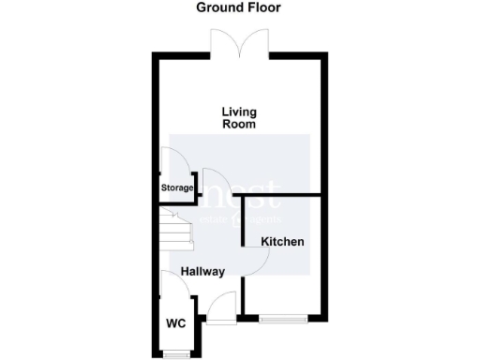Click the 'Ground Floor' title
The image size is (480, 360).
(x=238, y=7)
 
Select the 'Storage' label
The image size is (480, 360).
(x=176, y=188)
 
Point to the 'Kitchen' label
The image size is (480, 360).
(x=282, y=242)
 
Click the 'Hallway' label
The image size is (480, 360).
(x=203, y=272)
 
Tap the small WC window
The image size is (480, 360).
(x=174, y=353)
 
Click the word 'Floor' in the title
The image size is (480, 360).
(x=263, y=7)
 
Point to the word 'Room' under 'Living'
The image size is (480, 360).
(x=239, y=124)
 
